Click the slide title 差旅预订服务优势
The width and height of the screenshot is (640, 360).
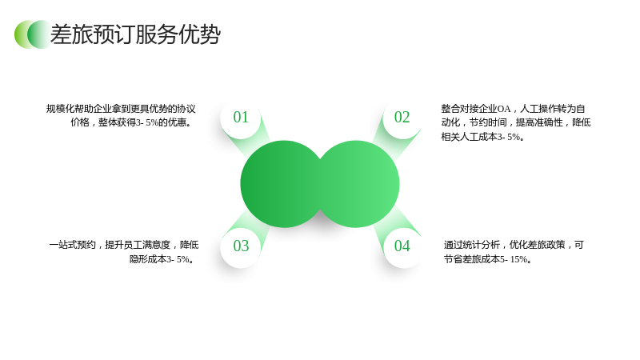(x=135, y=34)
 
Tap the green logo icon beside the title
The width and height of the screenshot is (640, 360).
(x=33, y=34)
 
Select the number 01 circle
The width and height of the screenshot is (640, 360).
(x=241, y=118)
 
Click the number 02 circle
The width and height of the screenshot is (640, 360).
(x=402, y=118)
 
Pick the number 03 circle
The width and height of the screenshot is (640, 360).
(x=241, y=246)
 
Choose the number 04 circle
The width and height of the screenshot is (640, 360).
(x=402, y=246)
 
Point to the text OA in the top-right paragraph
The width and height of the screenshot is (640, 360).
(x=503, y=109)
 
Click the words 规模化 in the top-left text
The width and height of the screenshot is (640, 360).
(x=60, y=109)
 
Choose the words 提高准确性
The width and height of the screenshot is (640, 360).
(x=539, y=122)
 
